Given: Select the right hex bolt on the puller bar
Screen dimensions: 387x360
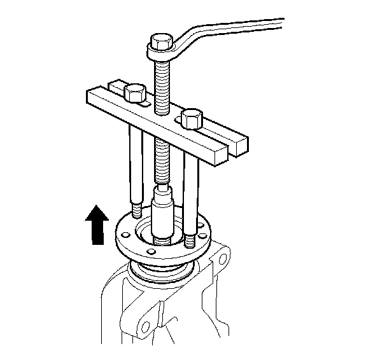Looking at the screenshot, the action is pos(191,118).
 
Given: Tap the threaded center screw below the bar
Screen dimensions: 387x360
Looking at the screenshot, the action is pos(164,162).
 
